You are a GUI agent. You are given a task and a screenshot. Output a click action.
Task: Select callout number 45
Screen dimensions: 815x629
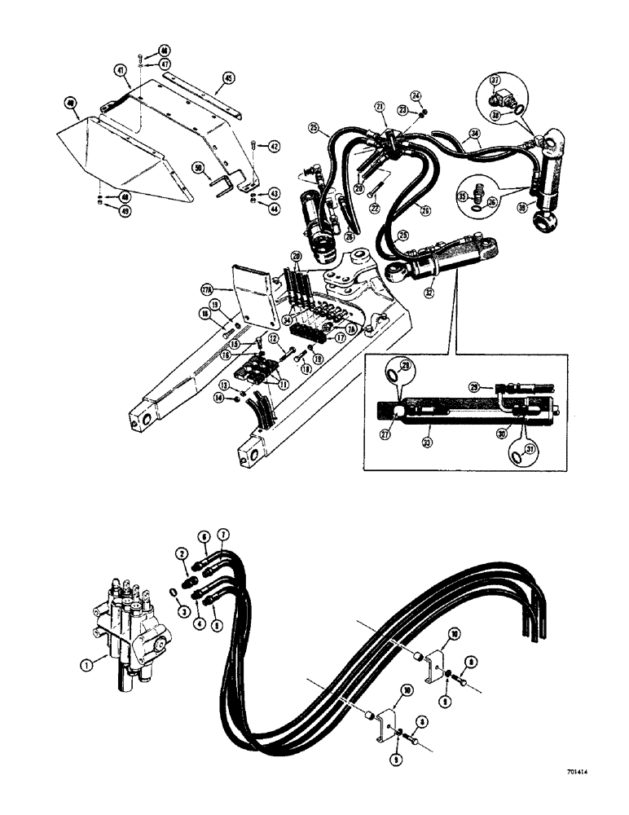227,79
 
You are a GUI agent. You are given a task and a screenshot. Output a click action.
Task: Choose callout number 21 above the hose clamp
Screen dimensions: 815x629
380,107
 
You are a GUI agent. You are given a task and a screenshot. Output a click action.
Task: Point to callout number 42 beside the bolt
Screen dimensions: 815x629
275,146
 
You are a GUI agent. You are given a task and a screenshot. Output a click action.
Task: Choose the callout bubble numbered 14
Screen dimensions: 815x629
219,398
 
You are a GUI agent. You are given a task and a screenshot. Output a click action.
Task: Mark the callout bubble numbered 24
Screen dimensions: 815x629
416,97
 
